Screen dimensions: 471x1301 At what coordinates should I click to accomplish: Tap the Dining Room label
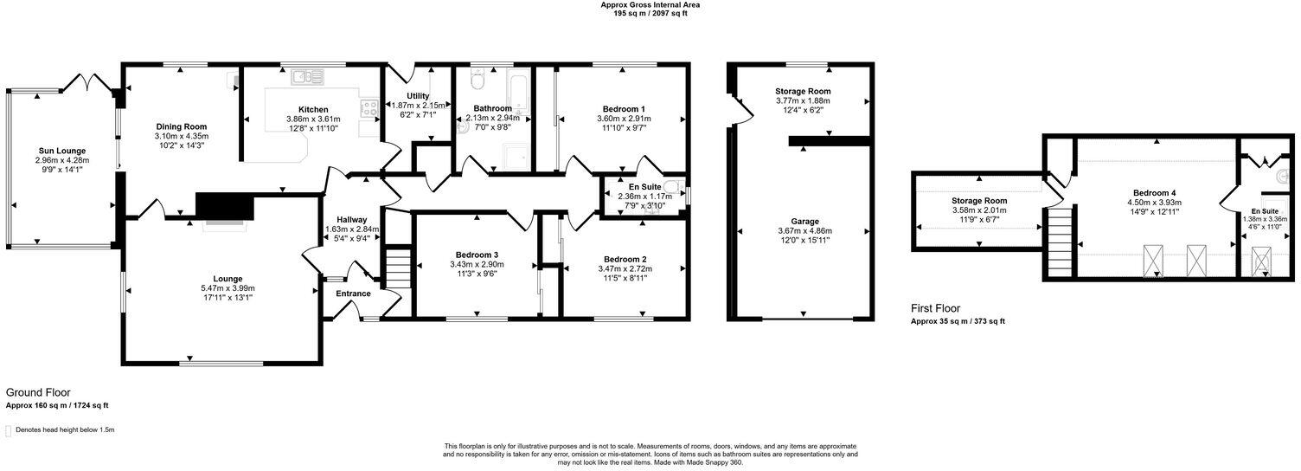tap(182, 126)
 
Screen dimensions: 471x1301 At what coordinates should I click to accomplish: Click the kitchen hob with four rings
tap(370, 109)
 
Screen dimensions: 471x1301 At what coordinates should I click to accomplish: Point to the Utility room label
tap(413, 95)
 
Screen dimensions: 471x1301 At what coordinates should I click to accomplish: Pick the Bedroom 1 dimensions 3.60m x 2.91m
tap(624, 119)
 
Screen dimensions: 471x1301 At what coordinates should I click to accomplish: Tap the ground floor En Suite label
tap(644, 185)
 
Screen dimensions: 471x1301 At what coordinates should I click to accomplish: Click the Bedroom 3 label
tap(476, 255)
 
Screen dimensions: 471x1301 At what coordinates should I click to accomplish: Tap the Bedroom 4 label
tap(1155, 193)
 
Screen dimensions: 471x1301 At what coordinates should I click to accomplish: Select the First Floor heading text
tap(936, 307)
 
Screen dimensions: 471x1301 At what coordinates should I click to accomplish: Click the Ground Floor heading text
tap(38, 392)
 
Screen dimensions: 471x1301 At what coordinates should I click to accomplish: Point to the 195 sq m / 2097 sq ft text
tap(650, 14)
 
